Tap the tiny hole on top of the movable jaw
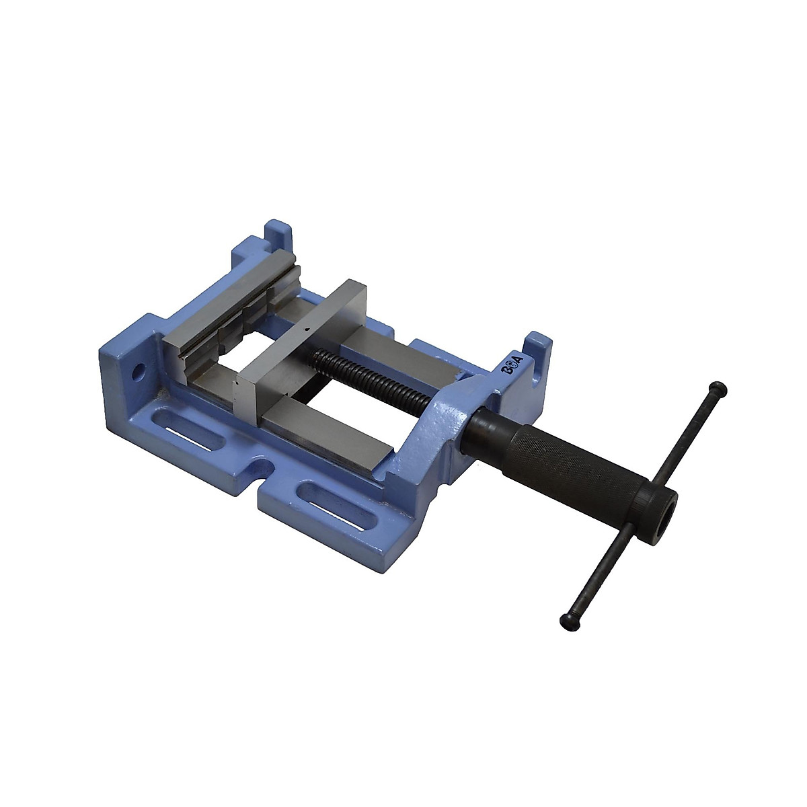tap(305, 330)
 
